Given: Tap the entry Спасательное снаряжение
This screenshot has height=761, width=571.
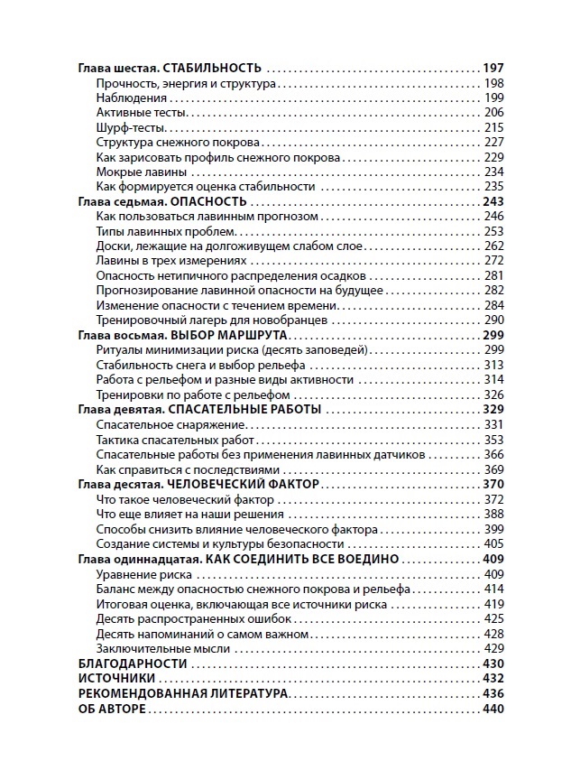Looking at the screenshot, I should [x=164, y=424].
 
